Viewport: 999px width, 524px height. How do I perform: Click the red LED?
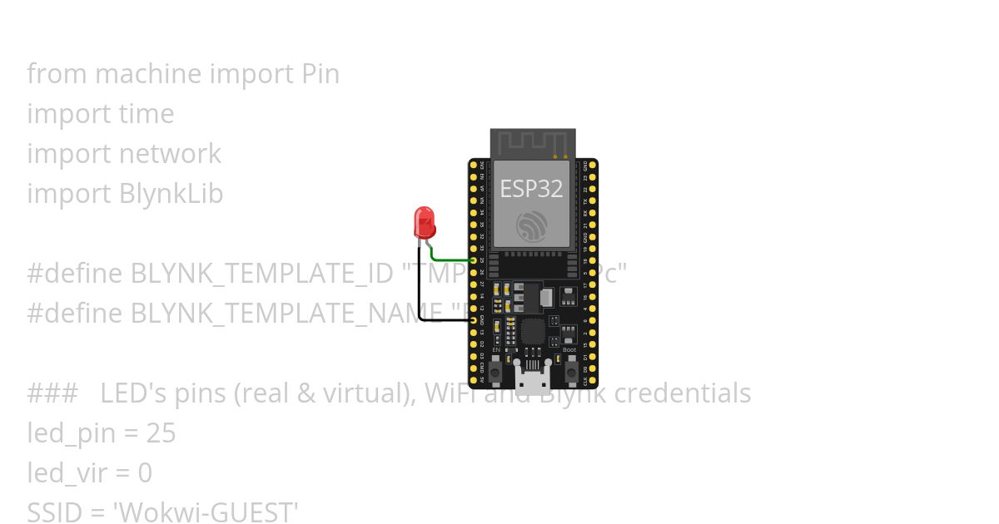click(x=425, y=222)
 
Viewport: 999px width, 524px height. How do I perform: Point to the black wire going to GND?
click(x=420, y=291)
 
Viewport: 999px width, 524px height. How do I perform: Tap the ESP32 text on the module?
click(x=531, y=189)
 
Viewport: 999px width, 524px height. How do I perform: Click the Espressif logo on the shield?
click(x=531, y=225)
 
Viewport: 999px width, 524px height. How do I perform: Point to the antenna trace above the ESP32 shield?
click(x=533, y=142)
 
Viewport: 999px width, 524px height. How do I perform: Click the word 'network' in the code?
click(x=170, y=154)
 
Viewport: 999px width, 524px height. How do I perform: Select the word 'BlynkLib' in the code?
click(x=171, y=194)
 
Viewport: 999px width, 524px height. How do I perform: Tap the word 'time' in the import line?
click(x=147, y=114)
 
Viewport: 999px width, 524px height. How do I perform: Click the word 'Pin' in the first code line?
click(x=319, y=74)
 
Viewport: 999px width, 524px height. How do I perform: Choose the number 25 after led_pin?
click(x=161, y=433)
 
